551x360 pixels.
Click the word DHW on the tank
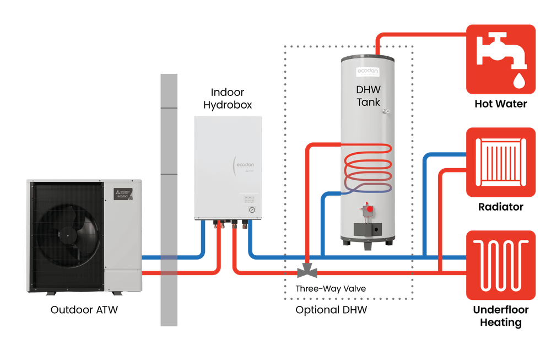click(x=368, y=90)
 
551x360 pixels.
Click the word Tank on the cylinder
click(x=368, y=102)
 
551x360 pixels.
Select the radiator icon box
click(x=501, y=162)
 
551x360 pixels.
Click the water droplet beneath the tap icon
click(x=519, y=82)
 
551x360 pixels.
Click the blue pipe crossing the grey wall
click(x=169, y=257)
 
